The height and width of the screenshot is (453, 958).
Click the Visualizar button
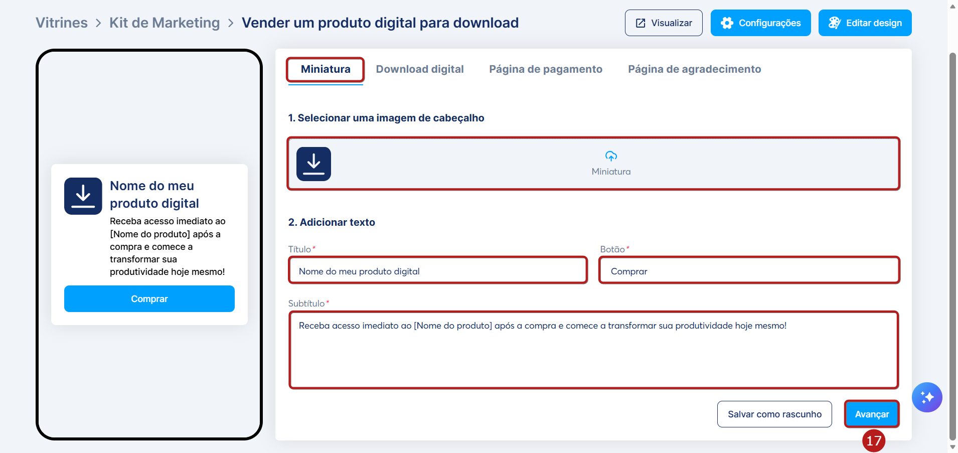[664, 23]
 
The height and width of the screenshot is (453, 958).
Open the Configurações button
[760, 23]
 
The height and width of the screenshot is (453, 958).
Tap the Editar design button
[865, 23]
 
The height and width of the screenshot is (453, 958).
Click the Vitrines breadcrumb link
[62, 23]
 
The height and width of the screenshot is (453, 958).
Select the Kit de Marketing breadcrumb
[165, 23]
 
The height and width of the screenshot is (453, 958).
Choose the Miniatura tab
[326, 69]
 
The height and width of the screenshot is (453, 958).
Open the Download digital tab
[420, 69]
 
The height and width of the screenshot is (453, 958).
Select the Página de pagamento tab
[546, 69]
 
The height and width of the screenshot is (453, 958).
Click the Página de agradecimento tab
[695, 69]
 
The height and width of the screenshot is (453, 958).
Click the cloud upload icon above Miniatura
[611, 156]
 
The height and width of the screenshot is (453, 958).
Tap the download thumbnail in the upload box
[313, 164]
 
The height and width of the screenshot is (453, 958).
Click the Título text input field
[438, 271]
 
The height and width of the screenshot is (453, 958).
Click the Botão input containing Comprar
[749, 271]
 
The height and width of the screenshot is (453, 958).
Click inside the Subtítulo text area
[593, 350]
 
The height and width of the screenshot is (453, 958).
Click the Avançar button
[872, 414]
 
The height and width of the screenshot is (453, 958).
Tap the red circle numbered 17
[874, 441]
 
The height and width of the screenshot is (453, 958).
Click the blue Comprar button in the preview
[149, 299]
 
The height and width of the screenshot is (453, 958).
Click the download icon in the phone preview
[83, 196]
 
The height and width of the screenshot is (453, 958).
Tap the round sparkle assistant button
[927, 397]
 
